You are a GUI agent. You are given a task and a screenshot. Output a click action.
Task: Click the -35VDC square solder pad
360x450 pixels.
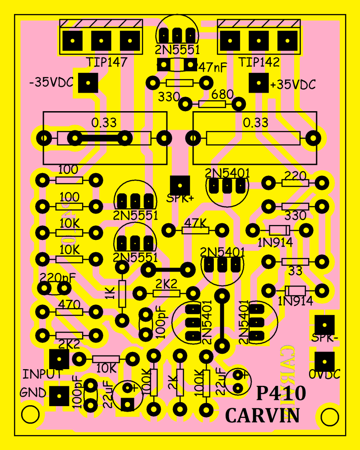coord(88,83)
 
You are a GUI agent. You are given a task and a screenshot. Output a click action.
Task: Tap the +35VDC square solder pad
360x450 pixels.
coord(258,83)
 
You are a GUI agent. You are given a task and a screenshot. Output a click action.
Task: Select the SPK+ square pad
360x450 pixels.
coord(180,185)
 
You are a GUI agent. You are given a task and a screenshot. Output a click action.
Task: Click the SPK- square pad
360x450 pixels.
coord(324,325)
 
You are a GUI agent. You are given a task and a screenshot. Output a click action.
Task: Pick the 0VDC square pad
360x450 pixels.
coord(324,361)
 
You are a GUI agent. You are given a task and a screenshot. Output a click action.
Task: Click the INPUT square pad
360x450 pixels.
coord(59,359)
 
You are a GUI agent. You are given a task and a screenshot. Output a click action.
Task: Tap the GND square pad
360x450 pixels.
coord(59,396)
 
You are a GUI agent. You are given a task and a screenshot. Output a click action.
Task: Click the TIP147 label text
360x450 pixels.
coord(106,62)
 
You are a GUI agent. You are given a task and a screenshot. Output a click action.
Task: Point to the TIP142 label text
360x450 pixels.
coord(259,62)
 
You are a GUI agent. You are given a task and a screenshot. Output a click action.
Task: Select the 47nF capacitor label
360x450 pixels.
coord(213,68)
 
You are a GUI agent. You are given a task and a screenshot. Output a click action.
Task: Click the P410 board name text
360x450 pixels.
coord(281,393)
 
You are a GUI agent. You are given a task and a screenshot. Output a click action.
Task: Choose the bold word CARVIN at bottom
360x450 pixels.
coord(263,415)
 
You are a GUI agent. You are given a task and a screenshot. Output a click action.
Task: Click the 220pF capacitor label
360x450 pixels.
coord(56,278)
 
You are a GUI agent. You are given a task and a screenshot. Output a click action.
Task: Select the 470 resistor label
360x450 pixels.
coord(68,303)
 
